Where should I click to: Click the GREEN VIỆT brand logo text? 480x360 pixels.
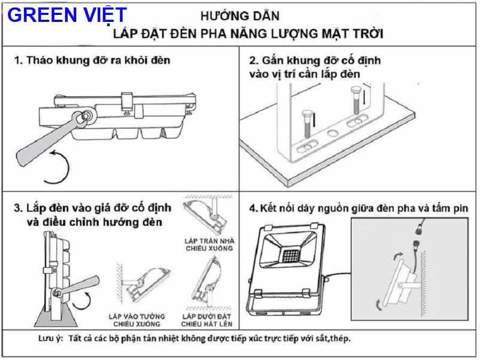coord(67,14)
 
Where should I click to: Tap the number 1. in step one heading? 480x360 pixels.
coord(18,60)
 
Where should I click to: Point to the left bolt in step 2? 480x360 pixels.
coord(308,122)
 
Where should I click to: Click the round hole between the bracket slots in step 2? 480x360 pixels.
coord(332,133)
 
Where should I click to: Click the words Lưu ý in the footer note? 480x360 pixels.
coord(50,339)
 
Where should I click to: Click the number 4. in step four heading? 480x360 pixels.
coord(254,208)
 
